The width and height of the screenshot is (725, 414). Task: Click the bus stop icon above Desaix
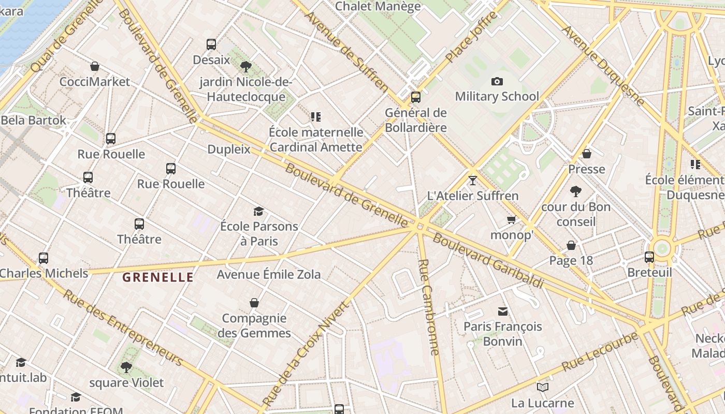tap(211, 45)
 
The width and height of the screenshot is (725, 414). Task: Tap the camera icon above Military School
tap(497, 81)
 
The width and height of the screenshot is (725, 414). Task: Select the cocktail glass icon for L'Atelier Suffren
tap(472, 181)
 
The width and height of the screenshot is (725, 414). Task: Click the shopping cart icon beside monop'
tap(512, 220)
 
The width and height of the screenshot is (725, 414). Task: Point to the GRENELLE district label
tap(158, 277)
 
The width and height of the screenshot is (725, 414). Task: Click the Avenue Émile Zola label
tap(269, 274)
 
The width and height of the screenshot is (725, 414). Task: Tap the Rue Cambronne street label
tap(429, 307)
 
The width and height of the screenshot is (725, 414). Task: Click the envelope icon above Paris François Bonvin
tap(503, 311)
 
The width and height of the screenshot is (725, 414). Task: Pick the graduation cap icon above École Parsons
tap(258, 211)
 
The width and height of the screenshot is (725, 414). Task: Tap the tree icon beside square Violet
tap(126, 367)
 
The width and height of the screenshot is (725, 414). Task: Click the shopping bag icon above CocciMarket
tap(95, 66)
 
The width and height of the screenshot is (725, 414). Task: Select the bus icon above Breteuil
tap(649, 257)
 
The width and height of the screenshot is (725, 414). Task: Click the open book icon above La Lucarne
tap(543, 387)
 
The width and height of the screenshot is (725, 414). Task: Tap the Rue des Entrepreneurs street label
tap(123, 328)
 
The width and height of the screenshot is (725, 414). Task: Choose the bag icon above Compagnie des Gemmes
tap(254, 303)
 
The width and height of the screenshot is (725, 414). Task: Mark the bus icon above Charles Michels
tap(44, 258)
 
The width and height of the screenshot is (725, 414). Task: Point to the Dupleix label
tap(229, 150)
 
